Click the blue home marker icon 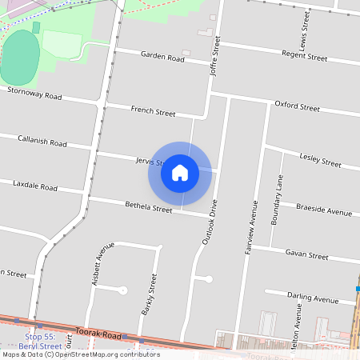click(x=180, y=173)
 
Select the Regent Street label click(x=305, y=57)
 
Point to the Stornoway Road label click(x=34, y=94)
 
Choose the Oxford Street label click(x=297, y=106)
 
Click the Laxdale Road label click(x=35, y=186)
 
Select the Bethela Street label click(x=148, y=209)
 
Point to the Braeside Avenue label click(x=323, y=213)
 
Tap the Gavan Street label click(x=306, y=256)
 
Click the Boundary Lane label click(x=277, y=200)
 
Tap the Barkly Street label click(x=148, y=294)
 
